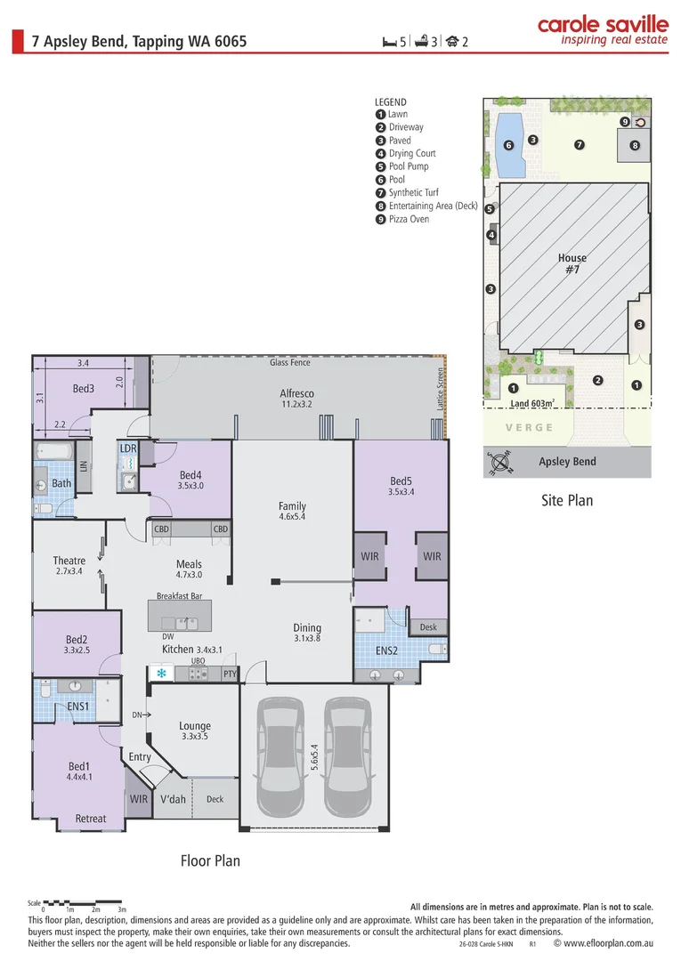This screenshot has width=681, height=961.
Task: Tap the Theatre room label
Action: click(x=69, y=566)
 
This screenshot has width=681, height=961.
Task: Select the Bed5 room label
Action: click(x=401, y=486)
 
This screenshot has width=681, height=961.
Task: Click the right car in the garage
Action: click(x=346, y=757)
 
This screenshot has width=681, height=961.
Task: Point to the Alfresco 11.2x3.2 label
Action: click(x=297, y=399)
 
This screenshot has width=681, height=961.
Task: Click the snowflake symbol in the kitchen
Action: click(x=161, y=674)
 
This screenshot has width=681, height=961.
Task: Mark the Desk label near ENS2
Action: click(x=428, y=627)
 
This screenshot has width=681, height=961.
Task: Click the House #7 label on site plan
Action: click(x=572, y=263)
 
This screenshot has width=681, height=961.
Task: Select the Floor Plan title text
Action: click(x=210, y=860)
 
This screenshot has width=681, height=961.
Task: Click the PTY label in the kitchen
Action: click(x=230, y=674)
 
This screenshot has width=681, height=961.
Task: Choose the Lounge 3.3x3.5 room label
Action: click(x=194, y=731)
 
